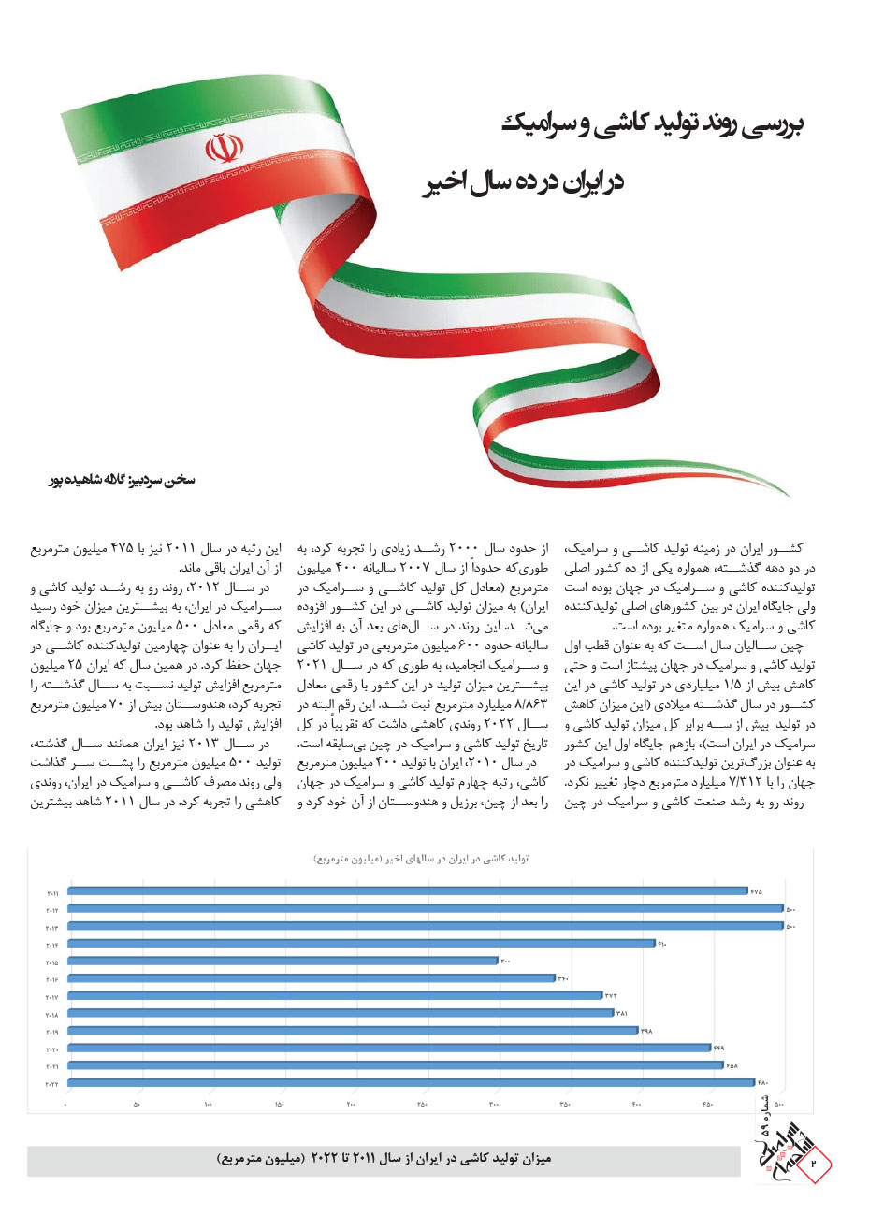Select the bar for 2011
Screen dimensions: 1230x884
coord(407,891)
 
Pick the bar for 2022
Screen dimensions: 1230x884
coord(411,1082)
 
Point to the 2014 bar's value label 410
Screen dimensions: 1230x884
coord(661,944)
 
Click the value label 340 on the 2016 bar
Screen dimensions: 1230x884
coord(563,978)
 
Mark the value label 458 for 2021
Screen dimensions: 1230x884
coord(732,1065)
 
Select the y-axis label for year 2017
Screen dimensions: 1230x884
coord(52,996)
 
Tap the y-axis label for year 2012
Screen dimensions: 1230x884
coord(52,909)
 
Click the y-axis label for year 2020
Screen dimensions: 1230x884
coord(52,1049)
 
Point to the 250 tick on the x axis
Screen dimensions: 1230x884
coord(422,1106)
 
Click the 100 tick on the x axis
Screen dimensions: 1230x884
coord(208,1106)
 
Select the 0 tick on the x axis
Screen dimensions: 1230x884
coord(66,1106)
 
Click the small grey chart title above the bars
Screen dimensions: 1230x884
coord(421,859)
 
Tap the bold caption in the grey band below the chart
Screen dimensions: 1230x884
coord(384,1160)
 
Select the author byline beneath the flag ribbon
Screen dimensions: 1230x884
coord(122,479)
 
